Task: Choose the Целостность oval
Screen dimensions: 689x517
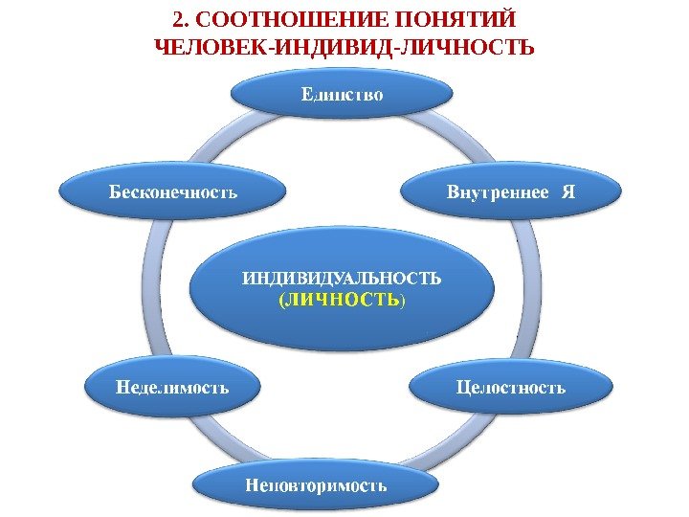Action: tap(511, 388)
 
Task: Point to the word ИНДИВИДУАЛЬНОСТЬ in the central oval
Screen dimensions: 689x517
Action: tap(342, 279)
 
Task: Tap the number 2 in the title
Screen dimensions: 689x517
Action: tap(172, 20)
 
